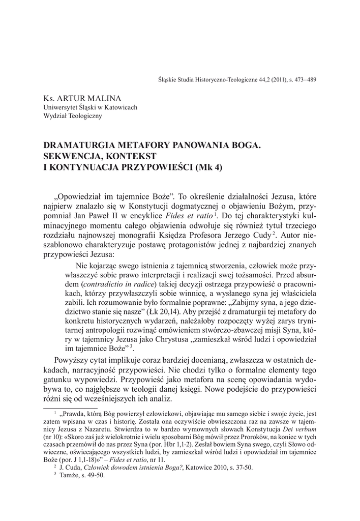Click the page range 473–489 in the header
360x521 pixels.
coord(302,80)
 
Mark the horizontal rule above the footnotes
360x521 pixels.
coord(69,408)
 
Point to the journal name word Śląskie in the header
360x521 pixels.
coord(169,80)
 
